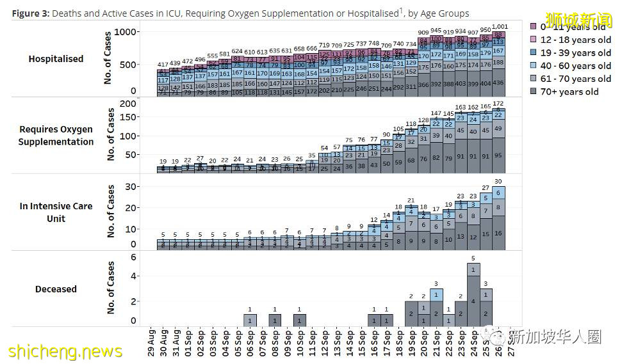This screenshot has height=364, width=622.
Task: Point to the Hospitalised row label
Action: pyautogui.click(x=56, y=59)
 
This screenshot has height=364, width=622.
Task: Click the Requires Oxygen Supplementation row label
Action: pyautogui.click(x=56, y=136)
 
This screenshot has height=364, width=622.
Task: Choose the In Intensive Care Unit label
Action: pyautogui.click(x=56, y=212)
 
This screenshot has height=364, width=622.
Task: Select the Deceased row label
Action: pyautogui.click(x=56, y=289)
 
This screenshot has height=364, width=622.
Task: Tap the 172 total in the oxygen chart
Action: pyautogui.click(x=498, y=103)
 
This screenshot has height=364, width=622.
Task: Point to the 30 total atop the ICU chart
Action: pyautogui.click(x=498, y=182)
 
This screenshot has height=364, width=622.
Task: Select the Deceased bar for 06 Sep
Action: pyautogui.click(x=250, y=320)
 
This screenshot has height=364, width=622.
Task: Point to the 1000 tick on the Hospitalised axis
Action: pyautogui.click(x=129, y=33)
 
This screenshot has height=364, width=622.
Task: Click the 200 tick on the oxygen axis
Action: pyautogui.click(x=129, y=104)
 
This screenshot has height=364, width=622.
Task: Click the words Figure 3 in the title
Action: pyautogui.click(x=30, y=13)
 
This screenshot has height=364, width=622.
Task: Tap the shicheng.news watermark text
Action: pyautogui.click(x=65, y=351)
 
